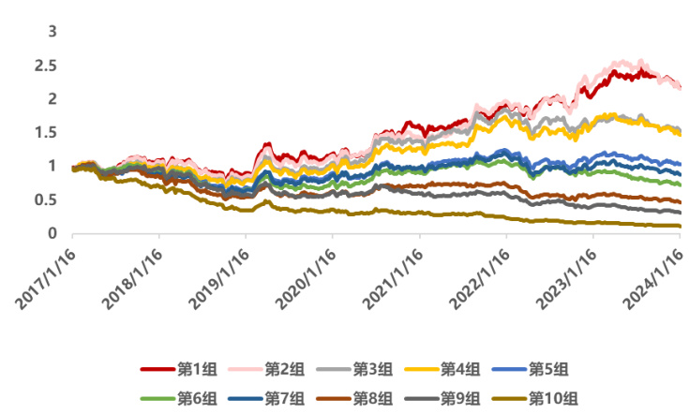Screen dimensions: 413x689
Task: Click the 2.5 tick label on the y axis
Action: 46,65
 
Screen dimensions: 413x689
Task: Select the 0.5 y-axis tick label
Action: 46,199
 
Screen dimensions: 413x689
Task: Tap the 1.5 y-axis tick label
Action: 46,132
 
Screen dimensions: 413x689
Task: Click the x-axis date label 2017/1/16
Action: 46,278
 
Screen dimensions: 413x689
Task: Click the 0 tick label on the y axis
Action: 53,233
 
